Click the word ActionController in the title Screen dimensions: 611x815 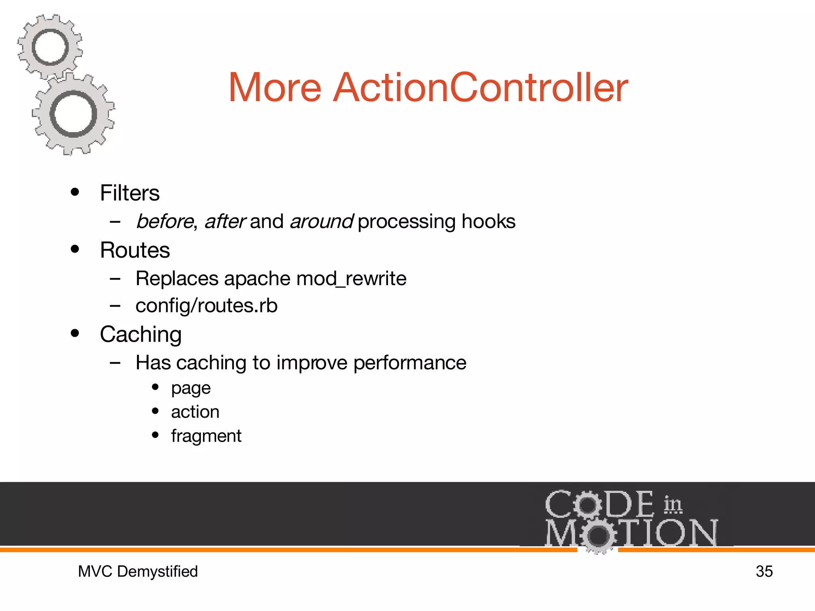click(481, 88)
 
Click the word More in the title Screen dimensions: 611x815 click(275, 88)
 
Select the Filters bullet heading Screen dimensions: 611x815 click(130, 193)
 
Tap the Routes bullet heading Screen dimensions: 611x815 click(135, 250)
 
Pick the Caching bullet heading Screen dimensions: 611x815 click(141, 335)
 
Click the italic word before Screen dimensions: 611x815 click(165, 221)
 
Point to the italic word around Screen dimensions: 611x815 click(322, 221)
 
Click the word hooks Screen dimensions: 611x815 click(488, 221)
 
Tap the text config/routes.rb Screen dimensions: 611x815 click(206, 305)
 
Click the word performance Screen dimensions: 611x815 click(409, 363)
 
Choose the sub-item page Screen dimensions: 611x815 click(191, 388)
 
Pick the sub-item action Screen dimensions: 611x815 click(195, 412)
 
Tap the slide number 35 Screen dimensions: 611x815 click(764, 572)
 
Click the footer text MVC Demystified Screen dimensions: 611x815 click(138, 572)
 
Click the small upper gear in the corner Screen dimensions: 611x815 click(50, 47)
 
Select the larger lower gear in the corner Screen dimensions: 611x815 click(74, 114)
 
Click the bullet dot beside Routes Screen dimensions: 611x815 click(75, 249)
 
